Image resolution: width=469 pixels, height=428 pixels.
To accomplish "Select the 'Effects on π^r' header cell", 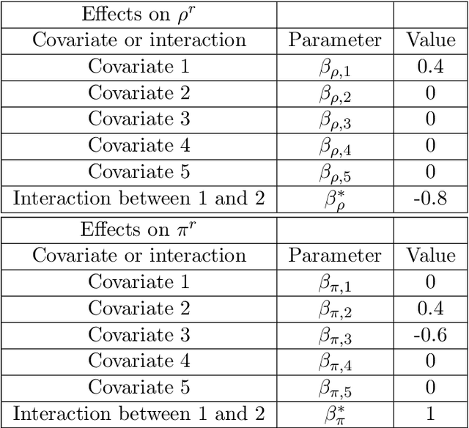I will [139, 229].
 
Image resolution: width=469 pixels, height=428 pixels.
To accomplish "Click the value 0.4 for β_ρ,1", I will [430, 67].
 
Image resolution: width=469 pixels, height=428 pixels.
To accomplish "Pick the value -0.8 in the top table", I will [430, 199].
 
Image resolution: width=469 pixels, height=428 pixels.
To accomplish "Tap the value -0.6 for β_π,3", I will [430, 334].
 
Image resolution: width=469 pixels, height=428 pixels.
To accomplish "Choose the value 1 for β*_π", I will [430, 413].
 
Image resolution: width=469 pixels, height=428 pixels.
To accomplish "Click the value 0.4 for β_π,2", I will [430, 308].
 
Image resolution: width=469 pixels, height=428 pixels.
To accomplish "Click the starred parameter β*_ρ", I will [335, 199].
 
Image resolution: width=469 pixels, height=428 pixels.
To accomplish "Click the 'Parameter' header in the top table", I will [335, 40].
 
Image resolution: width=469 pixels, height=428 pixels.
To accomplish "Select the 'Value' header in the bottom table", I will [430, 255].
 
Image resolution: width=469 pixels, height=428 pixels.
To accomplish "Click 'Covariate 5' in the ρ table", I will [139, 171].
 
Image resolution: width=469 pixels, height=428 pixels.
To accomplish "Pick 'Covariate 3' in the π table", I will [139, 334].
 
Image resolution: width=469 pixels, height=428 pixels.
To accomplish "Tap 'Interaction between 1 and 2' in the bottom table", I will [139, 413].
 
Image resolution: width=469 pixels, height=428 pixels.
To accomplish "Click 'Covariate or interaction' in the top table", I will [139, 40].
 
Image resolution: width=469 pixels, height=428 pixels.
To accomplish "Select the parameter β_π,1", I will [335, 283].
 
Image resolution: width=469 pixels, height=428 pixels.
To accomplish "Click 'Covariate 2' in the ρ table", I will [139, 93].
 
